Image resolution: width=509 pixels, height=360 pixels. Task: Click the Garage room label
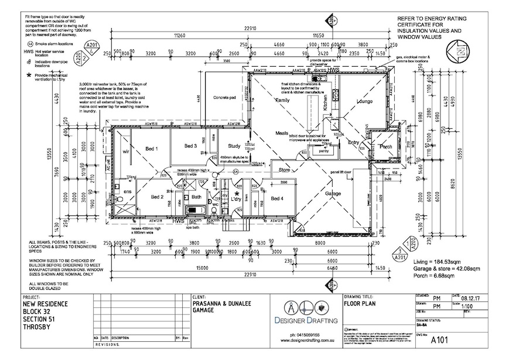pyautogui.click(x=333, y=193)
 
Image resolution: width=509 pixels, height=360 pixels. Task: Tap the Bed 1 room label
pyautogui.click(x=152, y=149)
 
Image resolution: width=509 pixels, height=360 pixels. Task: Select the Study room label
pyautogui.click(x=227, y=146)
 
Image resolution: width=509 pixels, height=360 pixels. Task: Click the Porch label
pyautogui.click(x=385, y=146)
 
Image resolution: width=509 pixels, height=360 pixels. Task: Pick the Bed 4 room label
pyautogui.click(x=277, y=199)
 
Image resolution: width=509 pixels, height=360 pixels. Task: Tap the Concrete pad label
pyautogui.click(x=224, y=97)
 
